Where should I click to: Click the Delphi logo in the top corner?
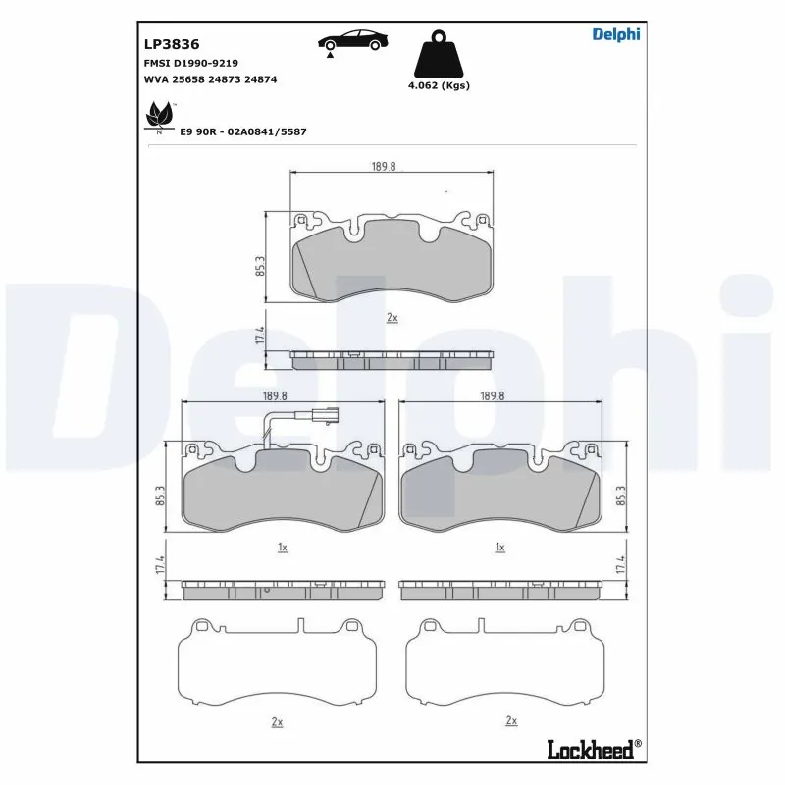(615, 34)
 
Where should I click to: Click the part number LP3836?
(172, 44)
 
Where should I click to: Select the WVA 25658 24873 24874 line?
(210, 78)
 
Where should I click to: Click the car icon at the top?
(353, 42)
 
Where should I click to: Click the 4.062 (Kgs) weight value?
(439, 85)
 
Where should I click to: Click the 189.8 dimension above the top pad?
(385, 167)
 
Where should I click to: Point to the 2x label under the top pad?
(392, 318)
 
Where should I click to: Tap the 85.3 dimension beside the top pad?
(260, 266)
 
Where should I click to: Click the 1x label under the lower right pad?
(499, 547)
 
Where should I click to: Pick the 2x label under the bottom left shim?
(277, 722)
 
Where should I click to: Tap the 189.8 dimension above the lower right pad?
(494, 395)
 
